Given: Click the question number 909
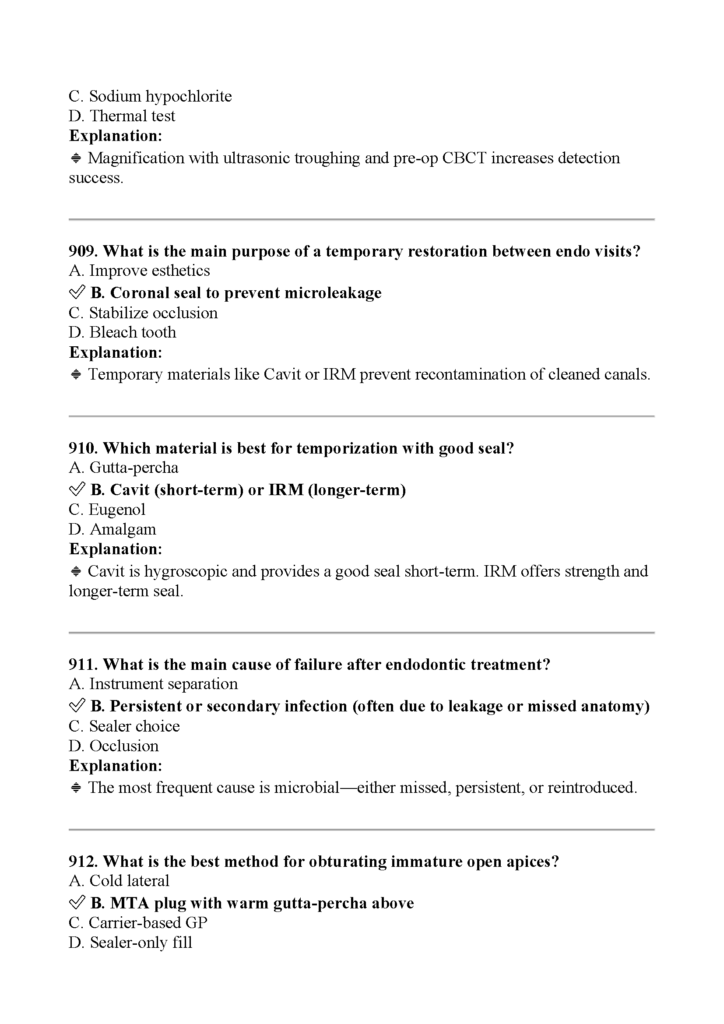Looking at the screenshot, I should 83,252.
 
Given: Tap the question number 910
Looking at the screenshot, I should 83,448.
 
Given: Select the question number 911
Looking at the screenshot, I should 83,665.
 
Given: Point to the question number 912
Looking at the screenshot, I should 83,861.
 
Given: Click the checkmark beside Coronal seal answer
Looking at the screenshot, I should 77,292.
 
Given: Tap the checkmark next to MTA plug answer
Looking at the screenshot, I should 77,903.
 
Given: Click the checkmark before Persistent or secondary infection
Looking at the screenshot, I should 77,706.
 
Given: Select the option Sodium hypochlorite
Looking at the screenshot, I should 150,96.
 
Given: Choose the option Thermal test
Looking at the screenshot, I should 122,116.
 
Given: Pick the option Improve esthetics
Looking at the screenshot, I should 139,271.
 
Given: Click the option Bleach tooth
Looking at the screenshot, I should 123,332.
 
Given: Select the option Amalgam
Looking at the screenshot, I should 112,529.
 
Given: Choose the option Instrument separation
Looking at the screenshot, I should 153,684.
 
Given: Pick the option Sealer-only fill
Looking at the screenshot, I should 130,943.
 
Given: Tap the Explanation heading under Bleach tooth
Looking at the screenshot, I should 116,352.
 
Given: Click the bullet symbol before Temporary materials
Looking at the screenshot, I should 76,375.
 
